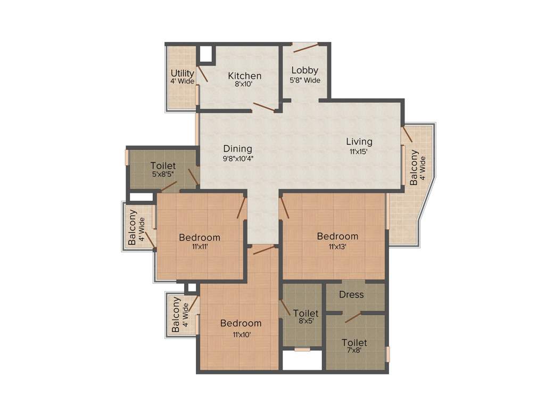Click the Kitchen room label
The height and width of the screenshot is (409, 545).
pos(244,76)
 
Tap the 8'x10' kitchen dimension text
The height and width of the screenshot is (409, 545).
pos(244,84)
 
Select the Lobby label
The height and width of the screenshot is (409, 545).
pos(305,70)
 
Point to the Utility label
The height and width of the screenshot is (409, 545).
pos(182,73)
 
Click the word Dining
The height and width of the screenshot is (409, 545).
pos(237,149)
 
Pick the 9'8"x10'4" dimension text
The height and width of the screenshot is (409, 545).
pos(237,158)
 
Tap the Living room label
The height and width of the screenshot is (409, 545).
pos(359,142)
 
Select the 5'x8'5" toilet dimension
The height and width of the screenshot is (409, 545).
pos(163,174)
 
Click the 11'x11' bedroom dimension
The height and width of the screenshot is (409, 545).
pos(199,247)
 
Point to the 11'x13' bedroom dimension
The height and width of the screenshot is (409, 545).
pos(337,246)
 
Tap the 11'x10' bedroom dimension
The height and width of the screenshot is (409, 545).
pos(241,334)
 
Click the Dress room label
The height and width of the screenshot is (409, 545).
pos(351,295)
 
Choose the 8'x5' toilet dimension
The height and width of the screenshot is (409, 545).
pos(305,321)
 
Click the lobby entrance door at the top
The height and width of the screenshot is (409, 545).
pos(305,47)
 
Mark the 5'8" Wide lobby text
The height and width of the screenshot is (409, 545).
pos(305,80)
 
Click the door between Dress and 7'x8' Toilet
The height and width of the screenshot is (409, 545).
pos(353,317)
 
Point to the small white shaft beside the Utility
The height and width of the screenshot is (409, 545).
pos(205,54)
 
